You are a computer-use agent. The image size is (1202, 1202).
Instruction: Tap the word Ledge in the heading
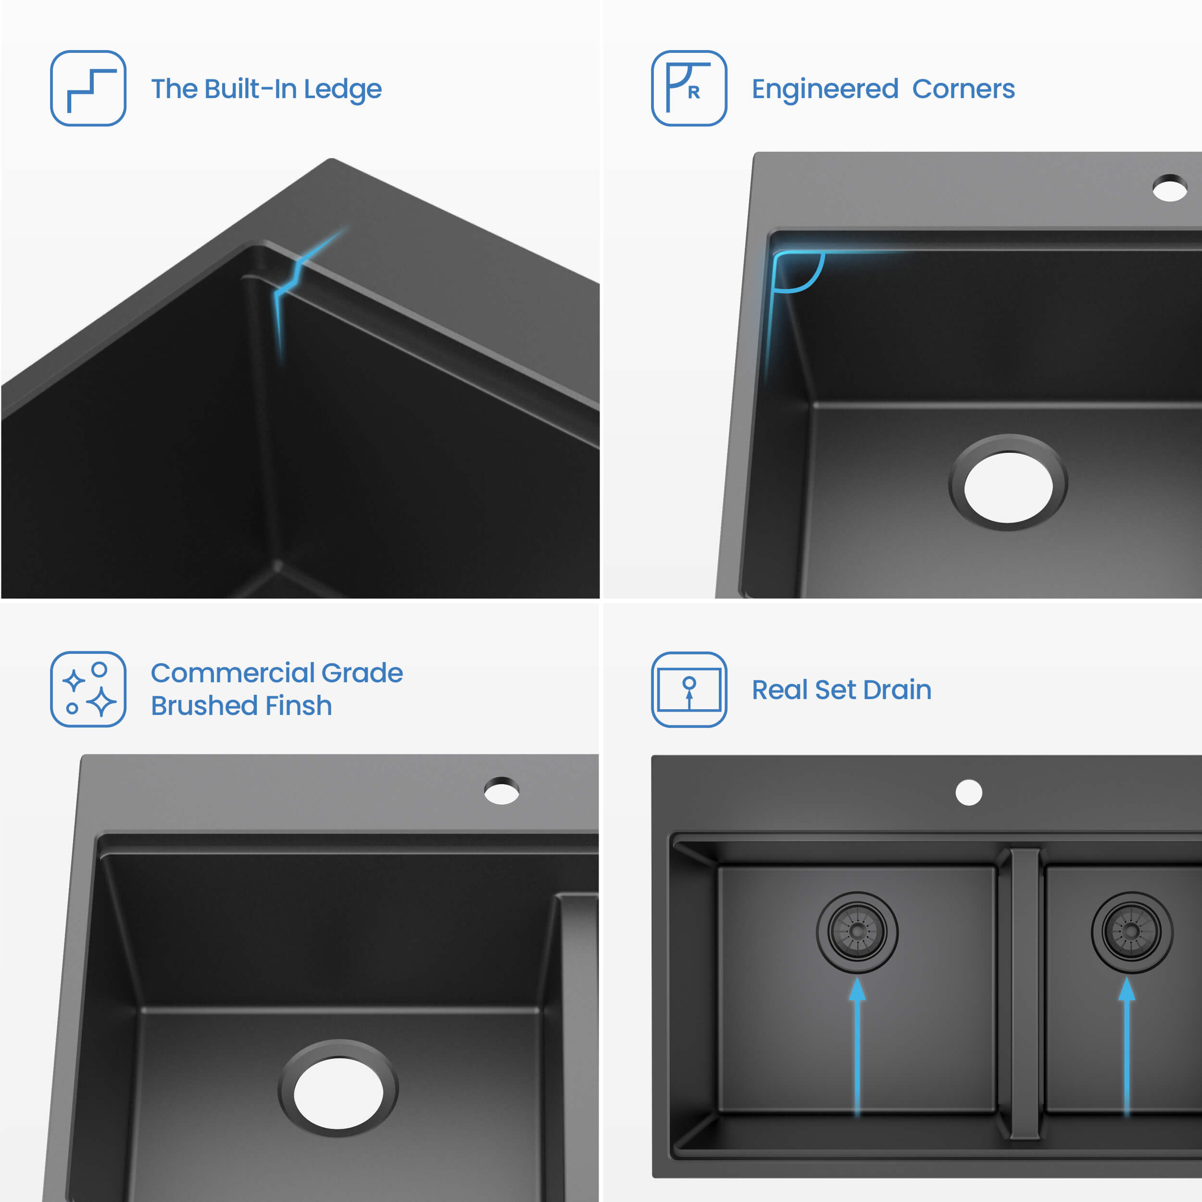(342, 89)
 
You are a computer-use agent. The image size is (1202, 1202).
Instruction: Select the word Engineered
(825, 89)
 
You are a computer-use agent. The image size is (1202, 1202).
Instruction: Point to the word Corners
(963, 89)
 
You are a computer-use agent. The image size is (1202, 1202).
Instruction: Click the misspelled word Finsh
(298, 705)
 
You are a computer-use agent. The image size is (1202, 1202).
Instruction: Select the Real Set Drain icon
(689, 689)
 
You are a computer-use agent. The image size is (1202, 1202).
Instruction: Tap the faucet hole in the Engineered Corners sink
(1170, 188)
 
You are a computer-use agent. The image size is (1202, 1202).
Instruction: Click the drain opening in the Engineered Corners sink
(1008, 487)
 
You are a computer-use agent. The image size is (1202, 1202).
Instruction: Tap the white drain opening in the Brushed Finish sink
(338, 1093)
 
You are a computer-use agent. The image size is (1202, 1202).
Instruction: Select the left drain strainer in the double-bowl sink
(857, 931)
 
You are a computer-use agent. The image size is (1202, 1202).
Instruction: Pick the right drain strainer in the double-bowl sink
(1132, 931)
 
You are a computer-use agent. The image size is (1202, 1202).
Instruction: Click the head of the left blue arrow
(857, 989)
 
